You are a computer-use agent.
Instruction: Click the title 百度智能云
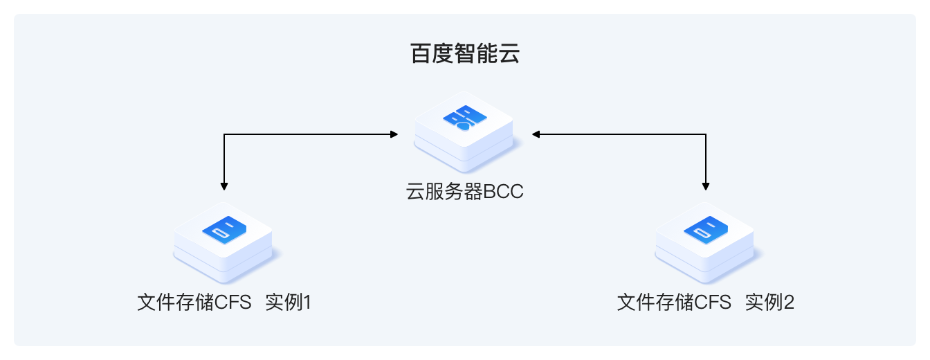click(x=464, y=54)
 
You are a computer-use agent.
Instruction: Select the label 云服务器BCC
click(x=464, y=192)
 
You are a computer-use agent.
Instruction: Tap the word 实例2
click(x=769, y=303)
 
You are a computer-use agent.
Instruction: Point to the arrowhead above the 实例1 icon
click(x=224, y=186)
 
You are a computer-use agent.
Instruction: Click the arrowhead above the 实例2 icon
click(x=705, y=186)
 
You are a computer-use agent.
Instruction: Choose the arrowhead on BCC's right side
click(x=535, y=134)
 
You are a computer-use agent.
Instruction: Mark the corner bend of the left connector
click(x=224, y=134)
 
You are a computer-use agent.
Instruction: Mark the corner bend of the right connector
click(x=705, y=134)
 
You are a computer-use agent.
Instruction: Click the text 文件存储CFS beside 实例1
click(x=194, y=303)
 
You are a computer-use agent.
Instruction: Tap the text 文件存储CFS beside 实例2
click(x=675, y=303)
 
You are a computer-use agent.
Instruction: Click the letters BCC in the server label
click(x=503, y=192)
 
